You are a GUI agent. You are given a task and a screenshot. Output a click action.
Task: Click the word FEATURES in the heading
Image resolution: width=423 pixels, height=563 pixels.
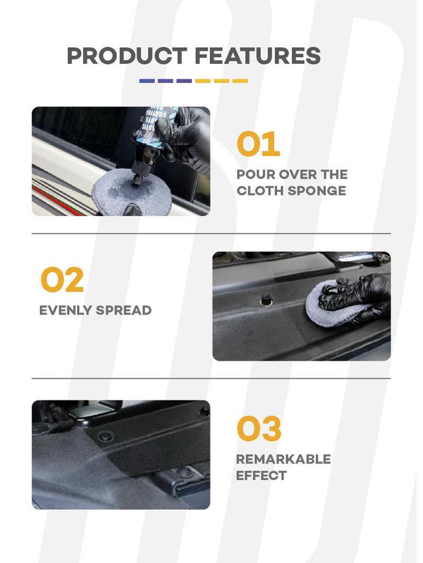(257, 56)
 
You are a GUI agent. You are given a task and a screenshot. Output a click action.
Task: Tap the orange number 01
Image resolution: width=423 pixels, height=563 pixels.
(258, 145)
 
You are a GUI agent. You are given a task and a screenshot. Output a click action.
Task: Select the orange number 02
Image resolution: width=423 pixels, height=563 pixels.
(62, 280)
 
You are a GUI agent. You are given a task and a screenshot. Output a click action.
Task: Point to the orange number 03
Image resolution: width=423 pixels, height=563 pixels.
(258, 429)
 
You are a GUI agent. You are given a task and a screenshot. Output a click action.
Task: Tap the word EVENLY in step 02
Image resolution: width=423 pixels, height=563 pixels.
(65, 310)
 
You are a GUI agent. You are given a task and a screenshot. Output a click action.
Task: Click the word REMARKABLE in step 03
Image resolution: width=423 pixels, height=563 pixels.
(283, 459)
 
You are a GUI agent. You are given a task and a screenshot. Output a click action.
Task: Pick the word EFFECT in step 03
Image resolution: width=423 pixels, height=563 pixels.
(261, 476)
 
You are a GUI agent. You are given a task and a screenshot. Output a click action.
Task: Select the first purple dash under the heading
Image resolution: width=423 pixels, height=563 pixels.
(147, 81)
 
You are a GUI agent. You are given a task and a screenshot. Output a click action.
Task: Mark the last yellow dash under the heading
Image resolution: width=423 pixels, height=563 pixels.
(240, 81)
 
